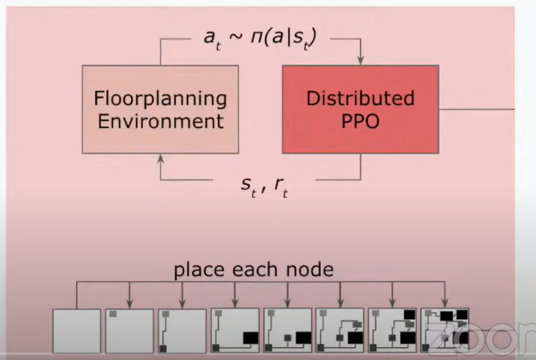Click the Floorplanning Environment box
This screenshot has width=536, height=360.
160,109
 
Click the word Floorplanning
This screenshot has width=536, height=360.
160,98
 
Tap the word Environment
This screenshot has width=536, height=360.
160,120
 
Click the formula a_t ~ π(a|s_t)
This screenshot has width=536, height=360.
260,38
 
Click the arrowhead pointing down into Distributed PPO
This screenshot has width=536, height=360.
361,60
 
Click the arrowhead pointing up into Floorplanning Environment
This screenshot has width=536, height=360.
160,158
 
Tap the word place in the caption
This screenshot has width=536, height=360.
199,269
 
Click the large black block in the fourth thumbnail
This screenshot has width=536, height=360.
249,338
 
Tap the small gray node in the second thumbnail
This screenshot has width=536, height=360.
113,315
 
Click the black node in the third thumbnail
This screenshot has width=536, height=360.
162,348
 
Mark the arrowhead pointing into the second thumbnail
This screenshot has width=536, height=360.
130,304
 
